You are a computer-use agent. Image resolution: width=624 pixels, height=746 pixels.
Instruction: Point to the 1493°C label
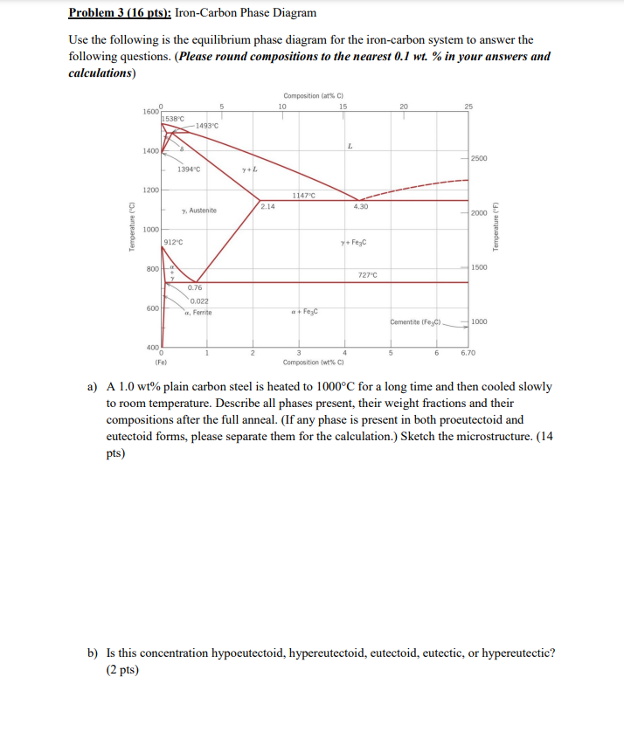[207, 126]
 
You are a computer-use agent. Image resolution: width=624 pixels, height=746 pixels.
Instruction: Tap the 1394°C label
[189, 169]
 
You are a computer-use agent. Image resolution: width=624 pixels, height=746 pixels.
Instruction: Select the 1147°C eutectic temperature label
[303, 195]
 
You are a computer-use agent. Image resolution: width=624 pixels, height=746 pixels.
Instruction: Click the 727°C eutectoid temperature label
[368, 274]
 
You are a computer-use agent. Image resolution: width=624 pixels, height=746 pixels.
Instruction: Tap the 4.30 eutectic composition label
[360, 206]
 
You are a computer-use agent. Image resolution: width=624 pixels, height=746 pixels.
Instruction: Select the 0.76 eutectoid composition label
[195, 287]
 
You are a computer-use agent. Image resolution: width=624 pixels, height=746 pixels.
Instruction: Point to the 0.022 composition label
[198, 301]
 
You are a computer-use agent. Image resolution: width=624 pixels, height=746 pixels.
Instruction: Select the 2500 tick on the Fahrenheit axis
[479, 158]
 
